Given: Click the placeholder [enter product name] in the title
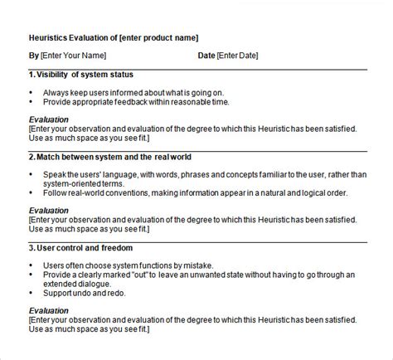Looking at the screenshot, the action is (159, 38).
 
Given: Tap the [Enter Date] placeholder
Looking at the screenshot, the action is (238, 56).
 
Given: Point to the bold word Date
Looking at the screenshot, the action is (206, 56).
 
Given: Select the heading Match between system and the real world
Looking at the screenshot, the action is (112, 156).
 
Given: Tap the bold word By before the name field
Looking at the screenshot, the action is (34, 56).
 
